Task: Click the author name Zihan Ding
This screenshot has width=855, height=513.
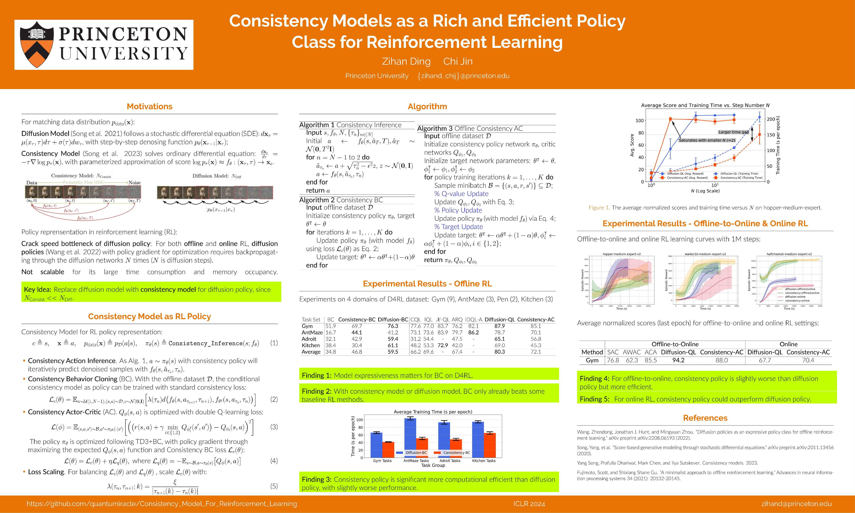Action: [x=406, y=61]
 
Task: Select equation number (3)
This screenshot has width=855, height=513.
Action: [x=274, y=427]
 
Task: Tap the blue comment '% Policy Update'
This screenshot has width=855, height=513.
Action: [x=458, y=210]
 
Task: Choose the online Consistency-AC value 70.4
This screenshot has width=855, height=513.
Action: [x=808, y=360]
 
